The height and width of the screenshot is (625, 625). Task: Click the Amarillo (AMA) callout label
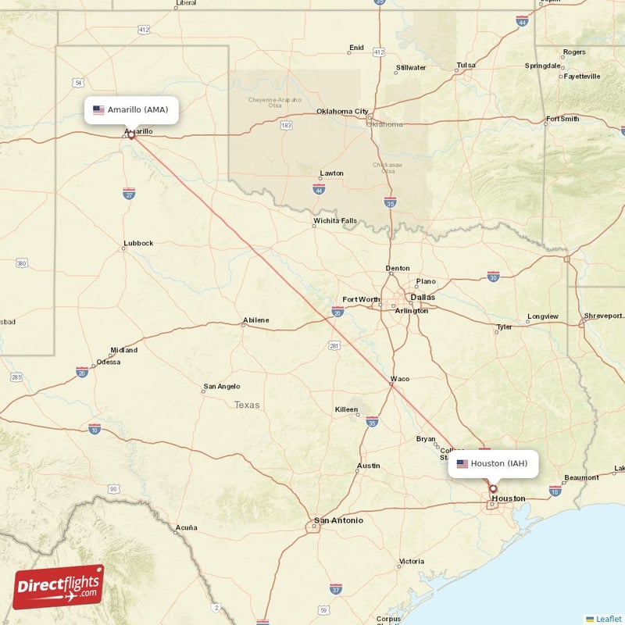click(x=131, y=110)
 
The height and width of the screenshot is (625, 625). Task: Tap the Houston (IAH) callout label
click(x=493, y=464)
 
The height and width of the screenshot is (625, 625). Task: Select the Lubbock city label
click(x=138, y=243)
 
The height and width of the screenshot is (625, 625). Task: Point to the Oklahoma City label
click(x=341, y=111)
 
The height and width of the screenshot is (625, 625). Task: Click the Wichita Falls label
click(x=334, y=221)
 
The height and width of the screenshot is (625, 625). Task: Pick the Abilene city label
click(x=255, y=320)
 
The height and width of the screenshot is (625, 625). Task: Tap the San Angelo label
click(x=222, y=386)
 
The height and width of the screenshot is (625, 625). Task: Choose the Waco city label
click(x=400, y=379)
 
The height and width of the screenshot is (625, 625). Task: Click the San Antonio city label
click(x=338, y=520)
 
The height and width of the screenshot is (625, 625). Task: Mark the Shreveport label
click(x=604, y=316)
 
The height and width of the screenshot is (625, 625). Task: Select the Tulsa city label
click(x=466, y=65)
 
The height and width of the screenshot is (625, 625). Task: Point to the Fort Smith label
click(x=562, y=119)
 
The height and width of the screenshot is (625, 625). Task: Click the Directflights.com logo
click(x=59, y=587)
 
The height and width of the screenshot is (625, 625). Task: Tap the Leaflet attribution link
click(x=609, y=619)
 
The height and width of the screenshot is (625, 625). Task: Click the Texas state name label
click(x=247, y=405)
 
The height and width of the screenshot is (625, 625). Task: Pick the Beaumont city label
click(x=580, y=477)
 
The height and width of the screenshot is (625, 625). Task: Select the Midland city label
click(x=123, y=350)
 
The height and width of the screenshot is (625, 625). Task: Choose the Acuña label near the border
click(x=186, y=527)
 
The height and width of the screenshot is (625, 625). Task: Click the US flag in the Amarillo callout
click(x=98, y=110)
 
